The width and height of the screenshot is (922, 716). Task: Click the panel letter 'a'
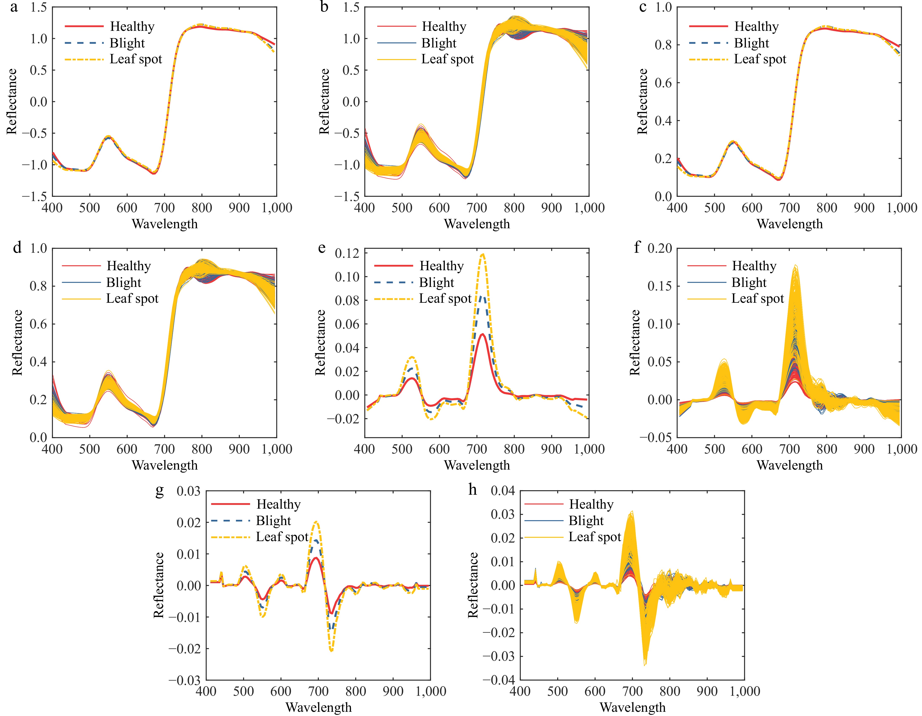pos(14,8)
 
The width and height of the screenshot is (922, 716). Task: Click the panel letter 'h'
pos(473,490)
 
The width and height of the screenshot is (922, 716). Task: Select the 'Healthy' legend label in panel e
pos(441,266)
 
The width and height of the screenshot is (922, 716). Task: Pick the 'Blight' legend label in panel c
pos(752,43)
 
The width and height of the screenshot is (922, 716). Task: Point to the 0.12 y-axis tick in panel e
pos(347,253)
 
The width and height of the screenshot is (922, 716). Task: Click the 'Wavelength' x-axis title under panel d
pos(165,465)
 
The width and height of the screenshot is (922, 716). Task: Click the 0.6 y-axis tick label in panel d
pos(38,324)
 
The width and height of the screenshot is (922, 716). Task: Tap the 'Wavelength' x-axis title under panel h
pos(632,707)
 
